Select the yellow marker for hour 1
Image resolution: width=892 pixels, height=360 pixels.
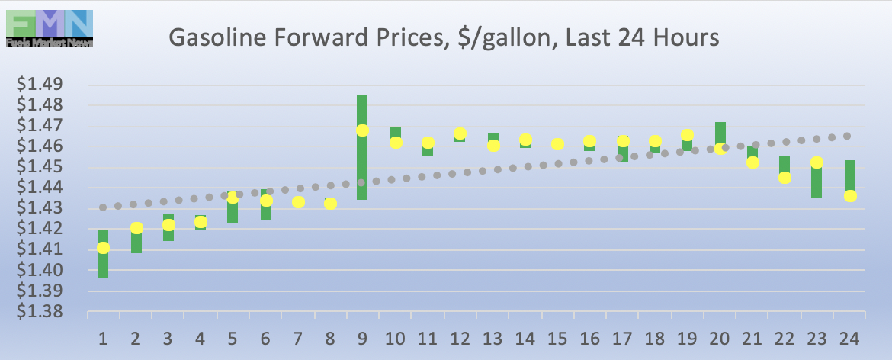103,248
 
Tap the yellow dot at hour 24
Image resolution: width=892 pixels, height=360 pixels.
850,196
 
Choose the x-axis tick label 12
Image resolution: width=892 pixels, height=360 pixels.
460,338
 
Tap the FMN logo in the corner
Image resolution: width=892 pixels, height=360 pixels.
49,28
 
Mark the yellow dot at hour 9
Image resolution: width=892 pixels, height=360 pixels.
362,130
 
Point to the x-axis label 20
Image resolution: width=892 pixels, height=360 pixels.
720,338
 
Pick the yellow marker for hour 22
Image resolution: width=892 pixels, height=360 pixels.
785,178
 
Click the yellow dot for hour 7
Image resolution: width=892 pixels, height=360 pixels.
298,202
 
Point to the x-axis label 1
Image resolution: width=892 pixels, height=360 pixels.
103,338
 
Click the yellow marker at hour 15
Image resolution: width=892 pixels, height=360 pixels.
557,144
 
